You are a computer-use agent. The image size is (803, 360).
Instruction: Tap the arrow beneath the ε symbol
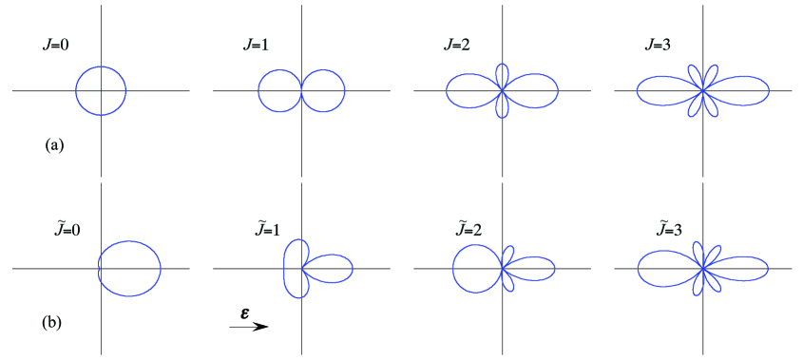point(249,327)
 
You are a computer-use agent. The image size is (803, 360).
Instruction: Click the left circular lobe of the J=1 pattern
point(279,91)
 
